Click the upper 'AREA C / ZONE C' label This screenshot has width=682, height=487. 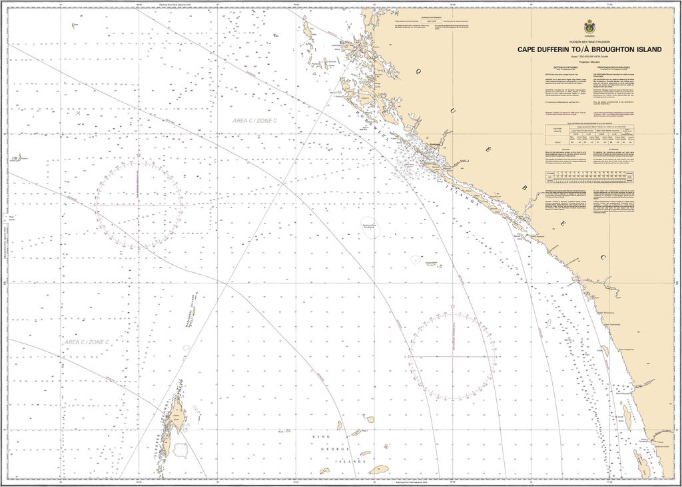(254, 120)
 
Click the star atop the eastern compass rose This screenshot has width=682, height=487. (452, 307)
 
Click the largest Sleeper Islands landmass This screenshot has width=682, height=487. (177, 412)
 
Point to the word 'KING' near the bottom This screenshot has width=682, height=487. (320, 436)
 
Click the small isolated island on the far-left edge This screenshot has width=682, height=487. (15, 158)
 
